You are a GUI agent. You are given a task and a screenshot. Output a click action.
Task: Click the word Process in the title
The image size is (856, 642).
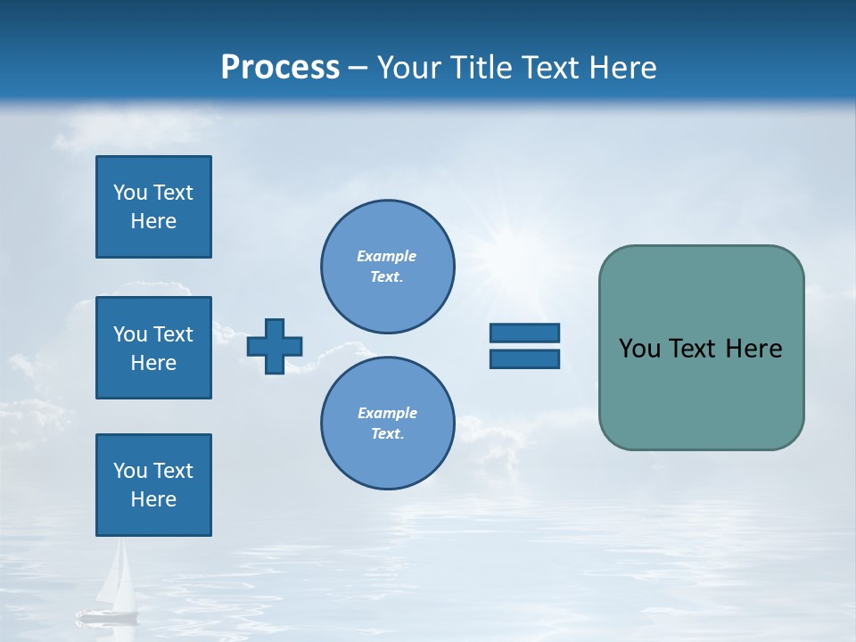coord(280,68)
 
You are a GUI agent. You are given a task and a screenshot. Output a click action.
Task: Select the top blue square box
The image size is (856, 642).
coord(153,207)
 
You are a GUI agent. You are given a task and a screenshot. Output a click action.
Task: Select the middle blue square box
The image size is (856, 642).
coord(153,348)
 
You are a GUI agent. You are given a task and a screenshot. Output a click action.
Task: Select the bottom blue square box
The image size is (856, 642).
coord(153,485)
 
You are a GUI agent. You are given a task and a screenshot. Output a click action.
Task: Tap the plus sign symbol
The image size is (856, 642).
coord(275,346)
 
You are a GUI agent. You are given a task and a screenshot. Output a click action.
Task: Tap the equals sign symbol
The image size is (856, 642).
coord(524,346)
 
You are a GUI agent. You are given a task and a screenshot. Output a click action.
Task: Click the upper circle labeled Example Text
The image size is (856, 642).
coord(387,266)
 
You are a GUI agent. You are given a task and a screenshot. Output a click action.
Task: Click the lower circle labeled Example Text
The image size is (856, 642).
coord(387,423)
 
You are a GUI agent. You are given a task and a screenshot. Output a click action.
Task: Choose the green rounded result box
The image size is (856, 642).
coord(701,348)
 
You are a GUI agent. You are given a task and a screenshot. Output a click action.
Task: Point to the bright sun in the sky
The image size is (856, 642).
coord(510,252)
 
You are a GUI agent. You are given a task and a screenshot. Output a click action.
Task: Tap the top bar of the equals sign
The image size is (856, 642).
coord(524,333)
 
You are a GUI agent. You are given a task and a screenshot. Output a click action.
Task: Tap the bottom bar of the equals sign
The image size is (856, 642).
coord(524,359)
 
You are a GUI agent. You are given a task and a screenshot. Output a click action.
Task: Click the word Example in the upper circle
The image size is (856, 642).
coord(387,256)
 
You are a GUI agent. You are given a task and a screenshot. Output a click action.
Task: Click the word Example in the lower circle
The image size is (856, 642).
coord(387,413)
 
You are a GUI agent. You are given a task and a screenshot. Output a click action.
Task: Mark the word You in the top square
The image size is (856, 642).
coord(129,193)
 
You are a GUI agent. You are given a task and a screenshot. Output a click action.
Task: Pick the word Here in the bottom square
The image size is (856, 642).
coord(153,499)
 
